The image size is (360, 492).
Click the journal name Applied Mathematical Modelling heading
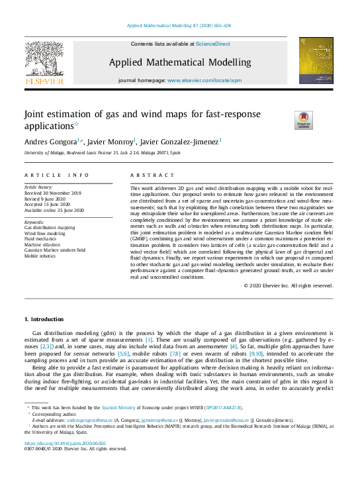(x=179, y=63)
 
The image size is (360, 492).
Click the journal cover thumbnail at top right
(x=316, y=60)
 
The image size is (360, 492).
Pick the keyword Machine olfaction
(x=45, y=244)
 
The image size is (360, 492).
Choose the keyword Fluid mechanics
(x=43, y=238)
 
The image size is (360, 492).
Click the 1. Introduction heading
(x=45, y=319)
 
